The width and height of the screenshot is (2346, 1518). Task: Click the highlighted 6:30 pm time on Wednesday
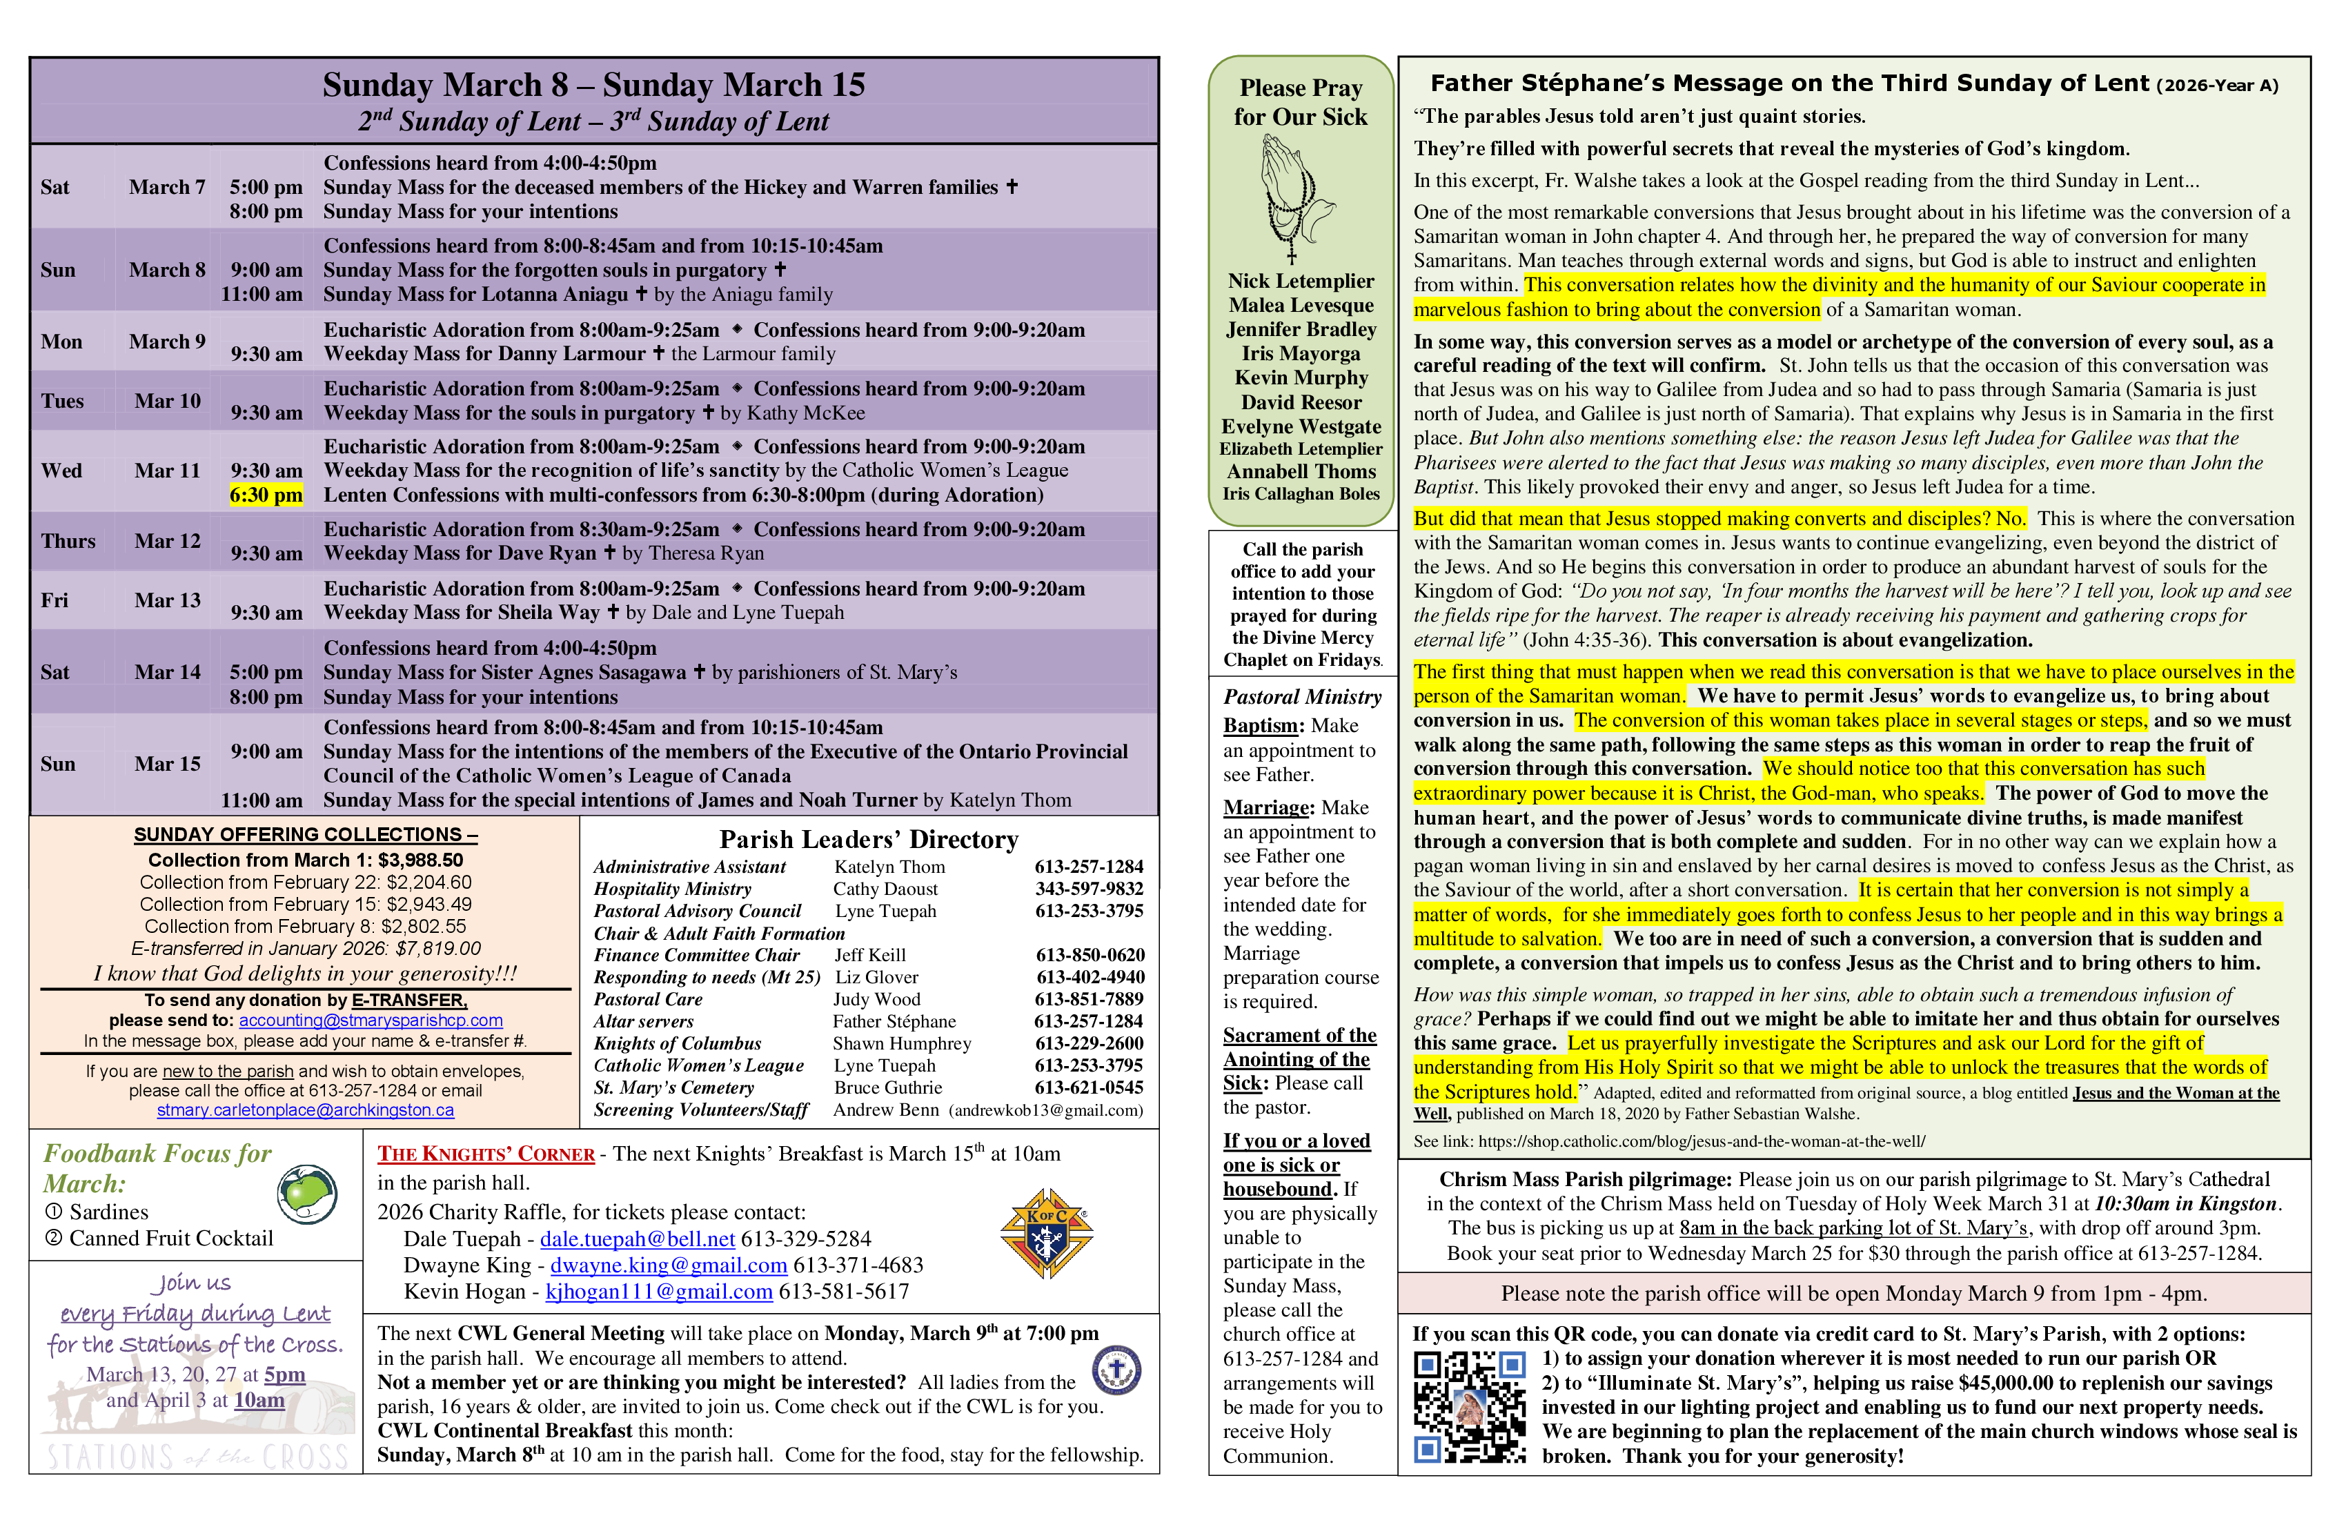tap(266, 495)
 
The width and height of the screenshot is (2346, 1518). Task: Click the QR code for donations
tap(1470, 1407)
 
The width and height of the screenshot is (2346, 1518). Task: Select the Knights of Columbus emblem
tap(1046, 1233)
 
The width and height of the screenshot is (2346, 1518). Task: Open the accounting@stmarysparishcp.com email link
tap(371, 1021)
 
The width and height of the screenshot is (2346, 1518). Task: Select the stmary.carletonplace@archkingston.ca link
tap(306, 1111)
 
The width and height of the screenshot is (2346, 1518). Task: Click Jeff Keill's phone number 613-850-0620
tap(1090, 955)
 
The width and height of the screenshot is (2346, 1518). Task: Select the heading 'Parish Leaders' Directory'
tap(869, 840)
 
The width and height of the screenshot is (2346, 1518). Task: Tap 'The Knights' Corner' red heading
tap(486, 1154)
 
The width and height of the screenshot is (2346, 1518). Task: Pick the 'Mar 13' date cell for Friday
tap(168, 600)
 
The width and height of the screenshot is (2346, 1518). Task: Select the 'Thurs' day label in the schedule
tap(68, 541)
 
